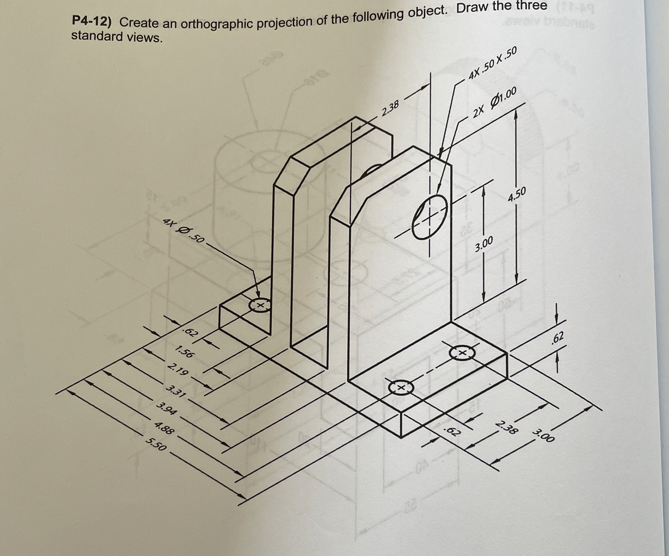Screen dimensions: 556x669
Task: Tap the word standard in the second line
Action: click(x=97, y=36)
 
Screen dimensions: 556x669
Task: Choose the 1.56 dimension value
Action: click(x=184, y=352)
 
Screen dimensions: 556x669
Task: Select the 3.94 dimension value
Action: click(x=166, y=409)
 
